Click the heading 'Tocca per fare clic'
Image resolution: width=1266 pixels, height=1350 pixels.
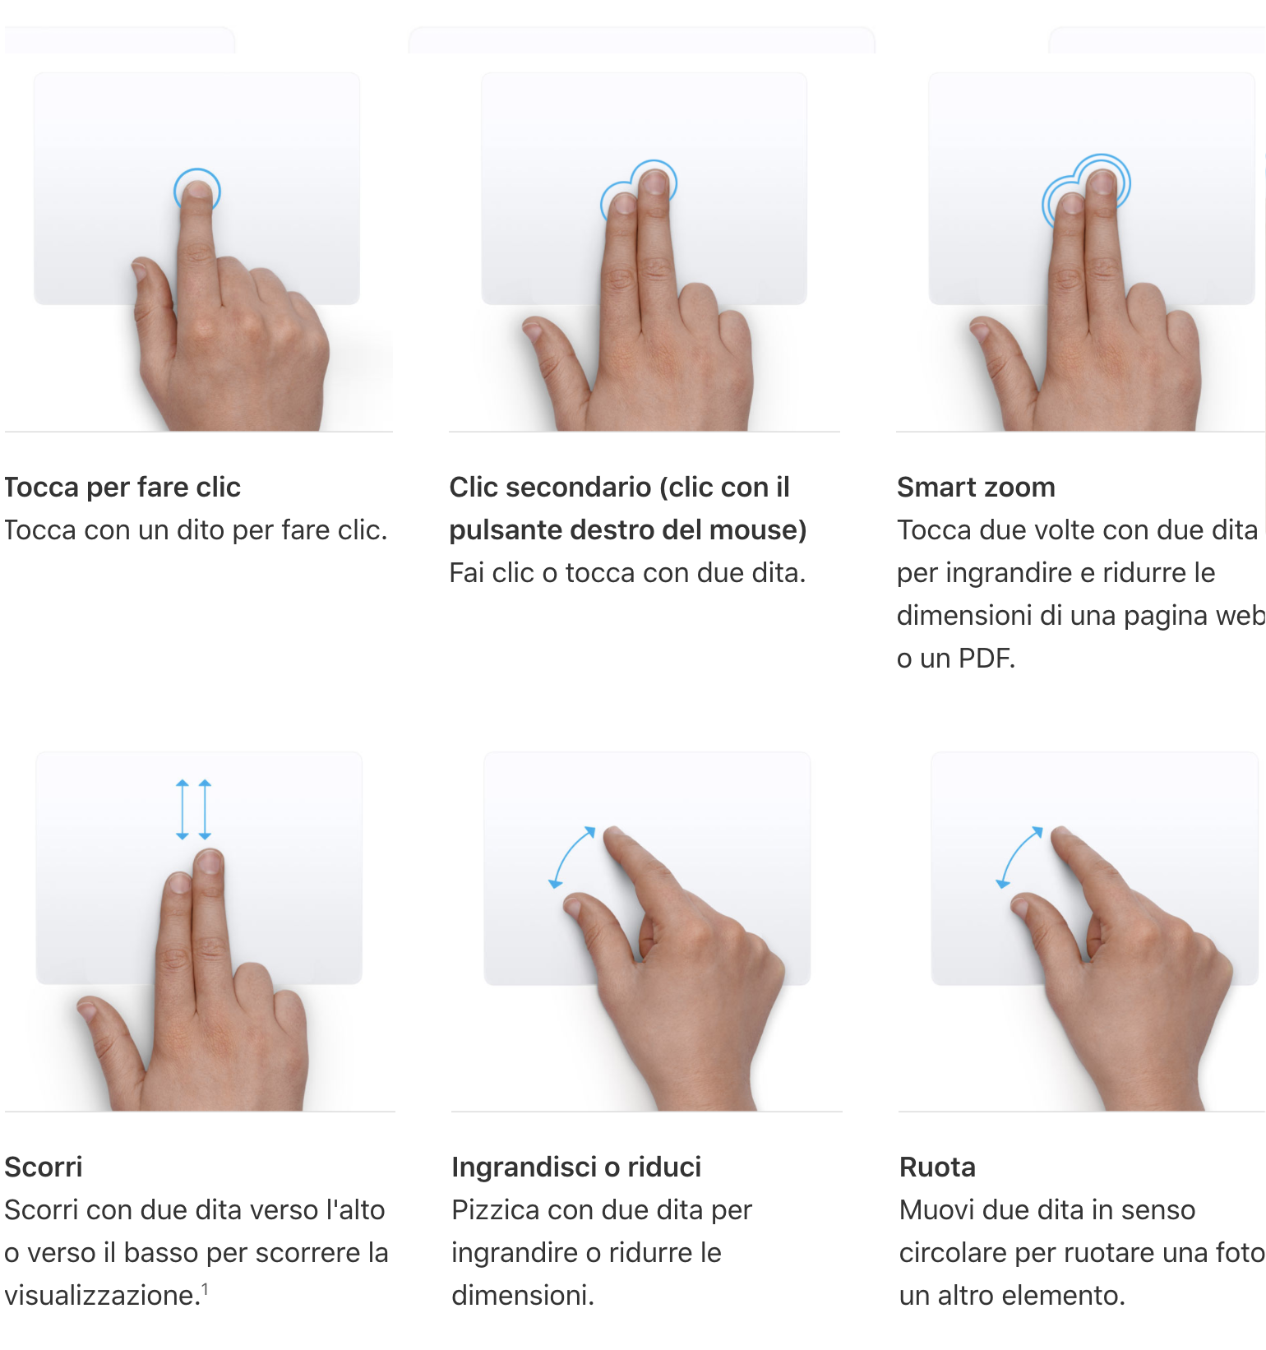pyautogui.click(x=122, y=488)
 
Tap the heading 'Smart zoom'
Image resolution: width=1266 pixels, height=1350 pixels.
pyautogui.click(x=976, y=488)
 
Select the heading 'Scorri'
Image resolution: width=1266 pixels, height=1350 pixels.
pyautogui.click(x=44, y=1167)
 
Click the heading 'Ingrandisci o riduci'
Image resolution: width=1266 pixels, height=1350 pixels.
pyautogui.click(x=576, y=1167)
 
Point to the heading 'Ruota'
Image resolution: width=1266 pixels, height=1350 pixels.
pyautogui.click(x=937, y=1167)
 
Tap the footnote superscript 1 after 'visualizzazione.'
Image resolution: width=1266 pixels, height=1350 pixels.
pyautogui.click(x=205, y=1289)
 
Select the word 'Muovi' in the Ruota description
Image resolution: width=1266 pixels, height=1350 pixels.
pyautogui.click(x=937, y=1210)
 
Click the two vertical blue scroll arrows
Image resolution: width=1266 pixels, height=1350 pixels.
pyautogui.click(x=194, y=810)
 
